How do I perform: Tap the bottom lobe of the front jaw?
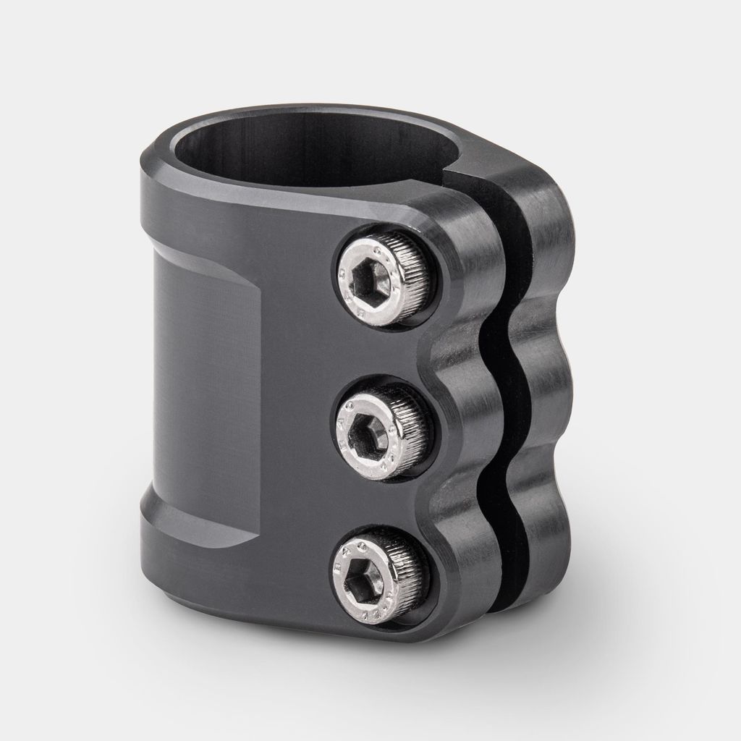click(463, 572)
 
